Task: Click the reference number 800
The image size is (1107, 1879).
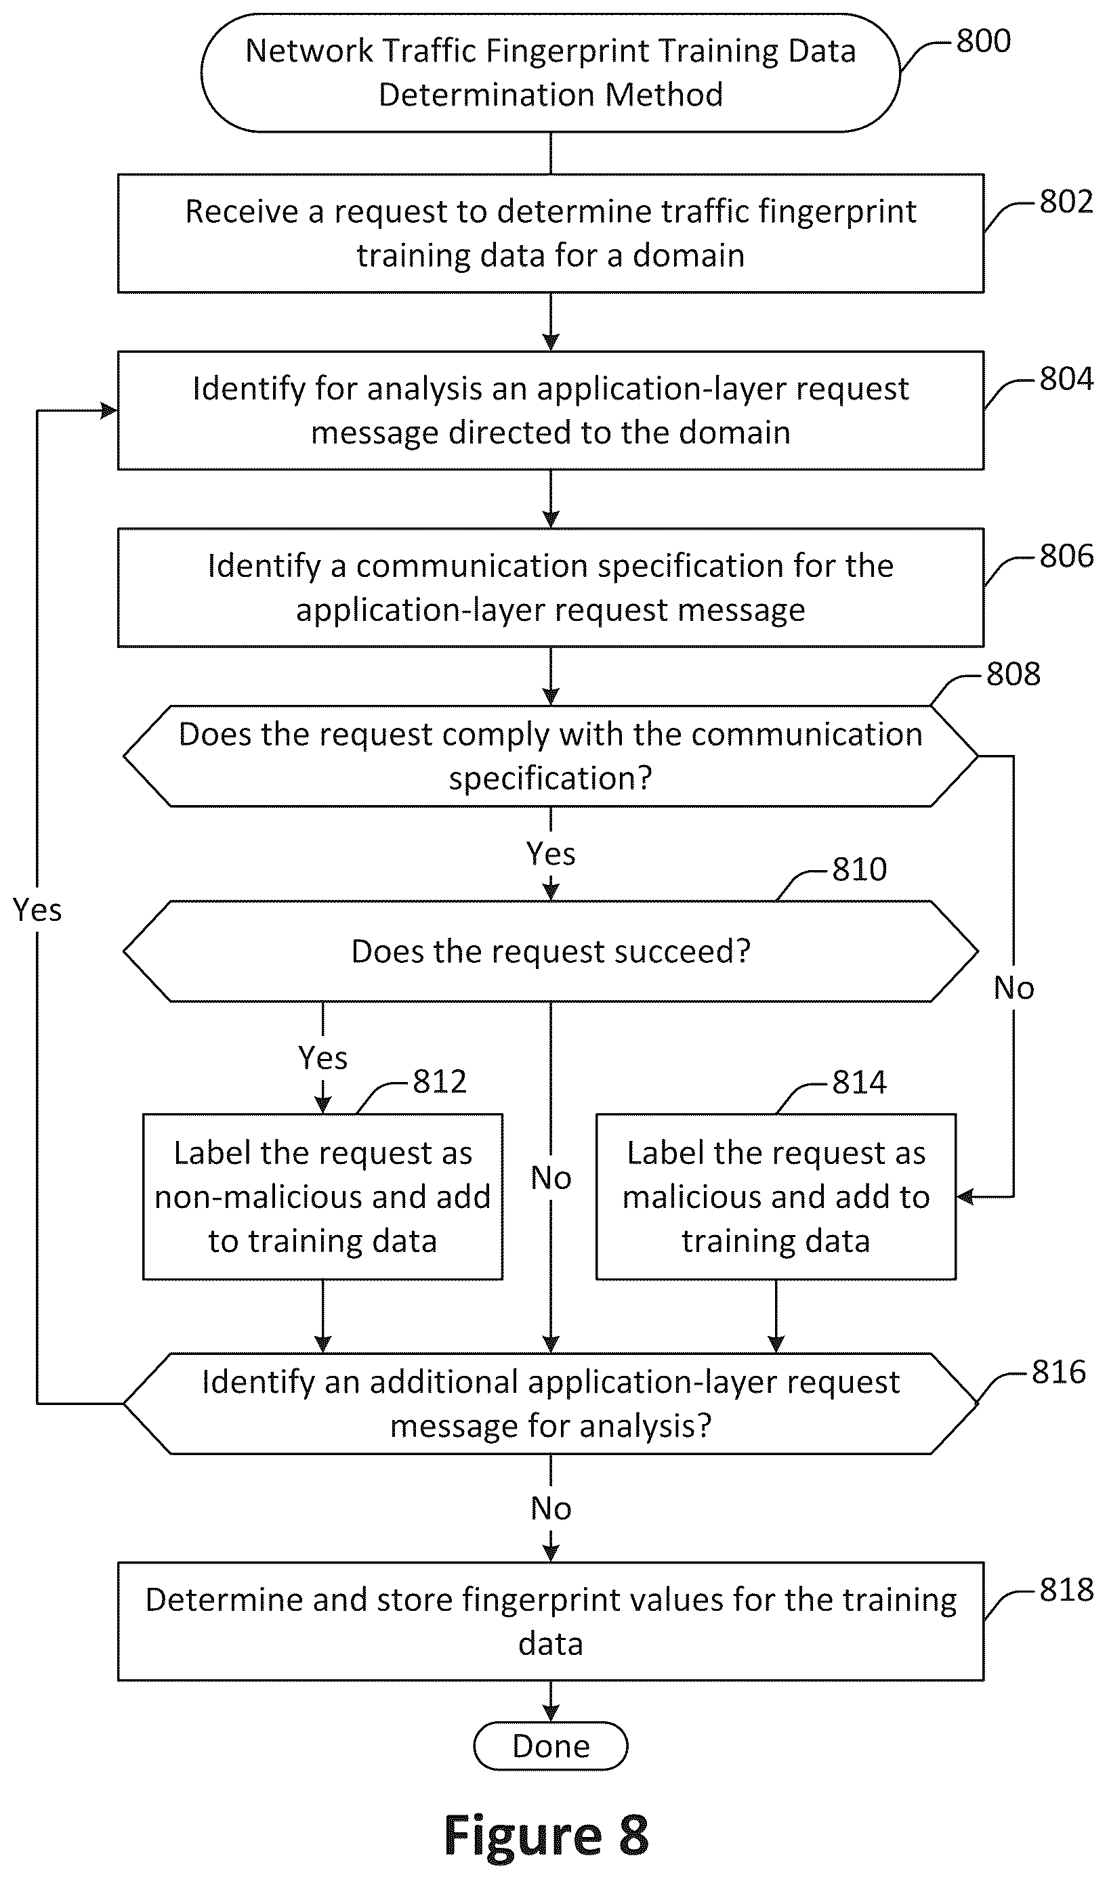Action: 983,41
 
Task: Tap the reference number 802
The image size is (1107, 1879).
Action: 1066,202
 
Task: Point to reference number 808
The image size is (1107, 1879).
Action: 1013,674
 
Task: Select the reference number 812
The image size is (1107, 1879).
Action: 440,1082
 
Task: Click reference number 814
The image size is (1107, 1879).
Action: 859,1082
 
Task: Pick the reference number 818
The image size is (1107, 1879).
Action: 1066,1590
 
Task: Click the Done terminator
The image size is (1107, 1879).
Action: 551,1746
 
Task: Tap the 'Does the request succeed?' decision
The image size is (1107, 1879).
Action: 551,951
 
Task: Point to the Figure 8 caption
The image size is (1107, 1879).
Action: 547,1836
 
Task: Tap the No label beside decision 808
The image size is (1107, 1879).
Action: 1014,989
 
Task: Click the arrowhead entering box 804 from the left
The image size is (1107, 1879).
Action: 110,410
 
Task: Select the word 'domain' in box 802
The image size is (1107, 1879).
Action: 688,256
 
